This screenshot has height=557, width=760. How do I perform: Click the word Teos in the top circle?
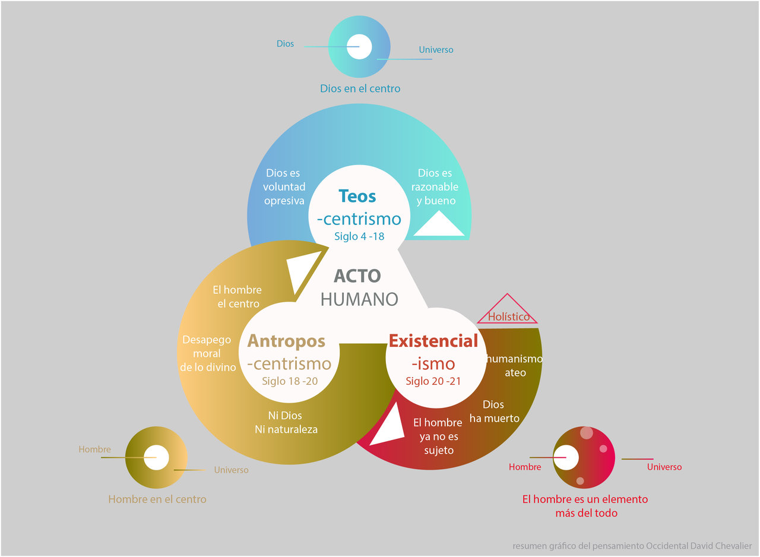(357, 196)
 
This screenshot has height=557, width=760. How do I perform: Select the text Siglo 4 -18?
(359, 236)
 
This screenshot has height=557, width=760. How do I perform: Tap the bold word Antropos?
(286, 341)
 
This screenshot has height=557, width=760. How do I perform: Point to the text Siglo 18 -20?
(290, 381)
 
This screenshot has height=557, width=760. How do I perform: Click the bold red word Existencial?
(433, 341)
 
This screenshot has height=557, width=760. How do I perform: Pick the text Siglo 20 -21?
(433, 381)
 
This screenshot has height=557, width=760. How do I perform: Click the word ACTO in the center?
(357, 276)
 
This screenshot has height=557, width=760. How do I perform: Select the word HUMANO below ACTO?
(359, 299)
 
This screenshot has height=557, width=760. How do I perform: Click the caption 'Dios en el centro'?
(360, 88)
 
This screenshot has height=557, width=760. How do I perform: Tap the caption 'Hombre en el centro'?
(157, 499)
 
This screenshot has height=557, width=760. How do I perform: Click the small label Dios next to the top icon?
(285, 44)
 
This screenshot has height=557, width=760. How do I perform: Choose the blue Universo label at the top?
(436, 50)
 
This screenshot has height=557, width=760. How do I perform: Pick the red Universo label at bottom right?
(664, 467)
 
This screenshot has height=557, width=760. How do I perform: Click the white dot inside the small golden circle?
(156, 458)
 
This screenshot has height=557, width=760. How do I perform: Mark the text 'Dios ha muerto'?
(494, 412)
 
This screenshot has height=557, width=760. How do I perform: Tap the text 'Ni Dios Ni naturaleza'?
(286, 423)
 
